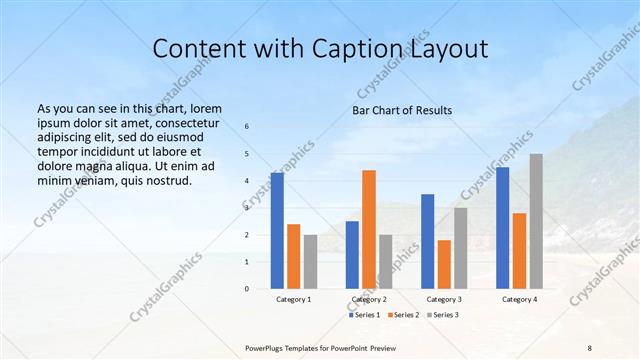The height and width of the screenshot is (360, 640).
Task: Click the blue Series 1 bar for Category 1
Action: tap(277, 230)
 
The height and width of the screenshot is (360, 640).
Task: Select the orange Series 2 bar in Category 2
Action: tap(369, 229)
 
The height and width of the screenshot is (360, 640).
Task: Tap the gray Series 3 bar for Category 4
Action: tap(536, 221)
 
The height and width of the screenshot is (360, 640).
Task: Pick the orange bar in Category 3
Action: tap(444, 264)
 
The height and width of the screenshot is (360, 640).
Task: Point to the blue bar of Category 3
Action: tap(428, 241)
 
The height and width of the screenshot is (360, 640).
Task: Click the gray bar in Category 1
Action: tap(310, 261)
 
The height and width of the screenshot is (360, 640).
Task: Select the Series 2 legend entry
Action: tap(403, 315)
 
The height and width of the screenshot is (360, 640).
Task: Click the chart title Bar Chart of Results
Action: tap(402, 110)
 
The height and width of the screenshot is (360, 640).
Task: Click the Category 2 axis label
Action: tap(369, 299)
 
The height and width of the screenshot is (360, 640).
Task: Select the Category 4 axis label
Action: tap(519, 299)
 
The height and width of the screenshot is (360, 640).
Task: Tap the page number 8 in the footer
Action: tap(590, 347)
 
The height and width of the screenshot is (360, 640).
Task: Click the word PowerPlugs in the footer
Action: tap(265, 347)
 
